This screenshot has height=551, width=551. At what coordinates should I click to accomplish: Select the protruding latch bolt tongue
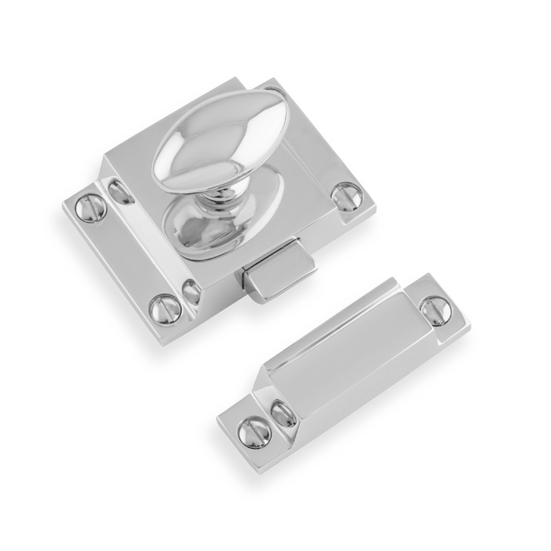pyautogui.click(x=275, y=272)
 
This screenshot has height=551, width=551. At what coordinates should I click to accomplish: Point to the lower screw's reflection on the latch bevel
pyautogui.click(x=191, y=292)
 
